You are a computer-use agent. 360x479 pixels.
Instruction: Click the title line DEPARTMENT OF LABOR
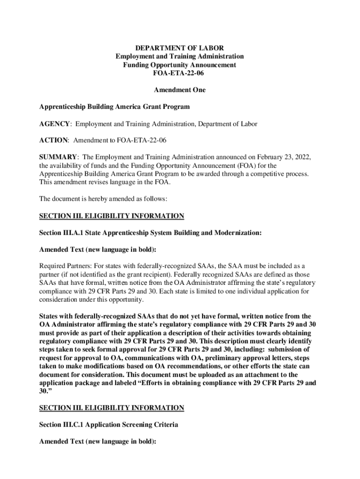[180, 48]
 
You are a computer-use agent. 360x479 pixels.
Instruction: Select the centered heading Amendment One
[180, 90]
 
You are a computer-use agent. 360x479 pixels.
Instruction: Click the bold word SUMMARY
[58, 157]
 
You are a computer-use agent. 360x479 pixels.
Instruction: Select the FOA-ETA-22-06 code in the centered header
[180, 73]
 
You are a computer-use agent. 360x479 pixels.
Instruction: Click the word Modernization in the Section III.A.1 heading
[236, 232]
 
